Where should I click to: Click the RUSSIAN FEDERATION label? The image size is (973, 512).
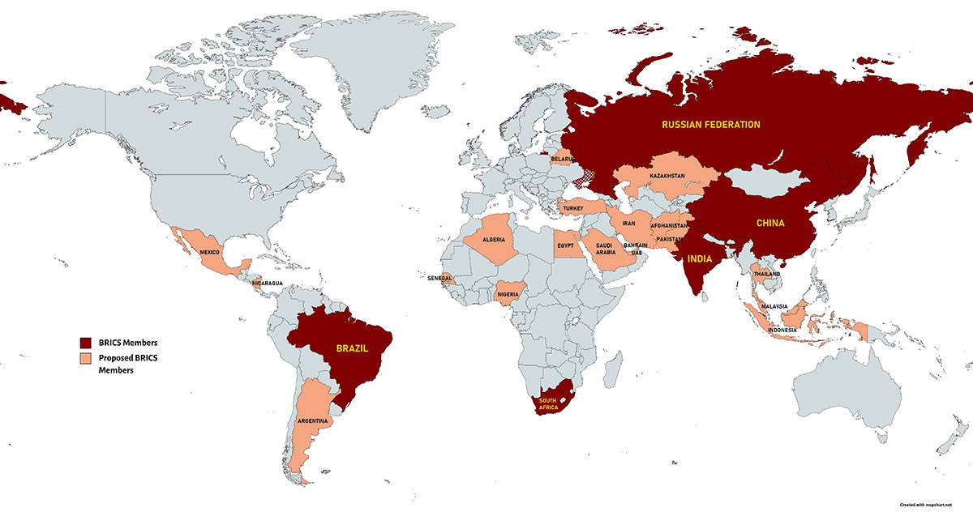tap(710, 125)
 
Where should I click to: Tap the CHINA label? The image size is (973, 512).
tap(769, 223)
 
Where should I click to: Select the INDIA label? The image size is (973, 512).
tap(700, 260)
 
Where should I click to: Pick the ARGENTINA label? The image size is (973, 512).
tap(312, 421)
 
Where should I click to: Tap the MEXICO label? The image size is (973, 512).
tap(211, 252)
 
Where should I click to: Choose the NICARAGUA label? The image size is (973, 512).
tap(268, 283)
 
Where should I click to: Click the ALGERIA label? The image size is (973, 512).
tap(494, 241)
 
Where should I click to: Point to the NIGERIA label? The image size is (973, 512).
tap(508, 294)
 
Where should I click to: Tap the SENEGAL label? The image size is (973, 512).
tap(439, 278)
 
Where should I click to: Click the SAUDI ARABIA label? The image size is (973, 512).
tap(606, 250)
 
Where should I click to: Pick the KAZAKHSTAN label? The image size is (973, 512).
tap(667, 176)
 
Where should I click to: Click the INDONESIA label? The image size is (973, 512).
tap(783, 330)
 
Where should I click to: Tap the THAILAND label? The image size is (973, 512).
tap(766, 275)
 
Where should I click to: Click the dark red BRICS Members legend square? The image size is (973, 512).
tap(84, 343)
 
